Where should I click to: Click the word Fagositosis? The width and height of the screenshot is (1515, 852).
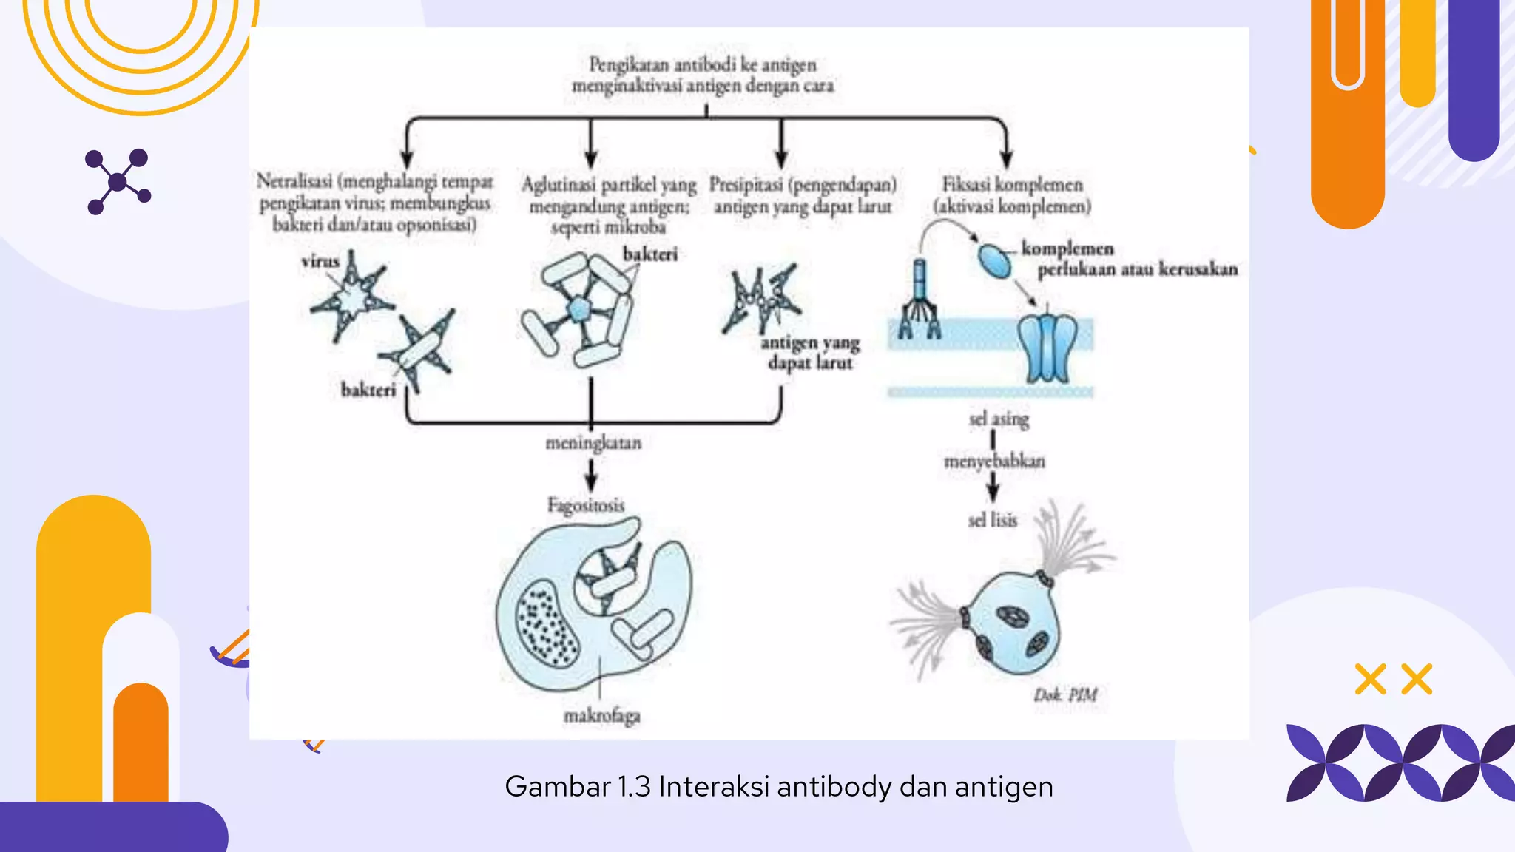point(586,505)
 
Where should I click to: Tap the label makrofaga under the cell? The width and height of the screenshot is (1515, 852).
point(601,716)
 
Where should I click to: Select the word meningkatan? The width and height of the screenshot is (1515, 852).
point(593,443)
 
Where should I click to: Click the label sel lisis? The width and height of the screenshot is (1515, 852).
point(992,521)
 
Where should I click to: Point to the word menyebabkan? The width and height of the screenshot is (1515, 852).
point(994,461)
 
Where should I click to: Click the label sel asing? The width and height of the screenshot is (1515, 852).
point(999,419)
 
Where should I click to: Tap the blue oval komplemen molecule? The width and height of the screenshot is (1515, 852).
point(994,260)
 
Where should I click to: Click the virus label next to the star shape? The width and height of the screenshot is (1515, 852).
point(320,261)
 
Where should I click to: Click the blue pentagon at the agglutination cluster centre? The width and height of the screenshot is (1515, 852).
point(577,309)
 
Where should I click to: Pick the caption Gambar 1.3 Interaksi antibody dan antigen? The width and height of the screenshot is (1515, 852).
point(778,786)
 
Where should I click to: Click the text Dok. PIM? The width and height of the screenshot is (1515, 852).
point(1064,695)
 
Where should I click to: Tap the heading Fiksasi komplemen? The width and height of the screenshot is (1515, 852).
point(1011,184)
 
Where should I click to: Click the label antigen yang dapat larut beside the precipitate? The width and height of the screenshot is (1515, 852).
point(810,353)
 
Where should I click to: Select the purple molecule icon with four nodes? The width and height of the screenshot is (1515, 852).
point(118,181)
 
